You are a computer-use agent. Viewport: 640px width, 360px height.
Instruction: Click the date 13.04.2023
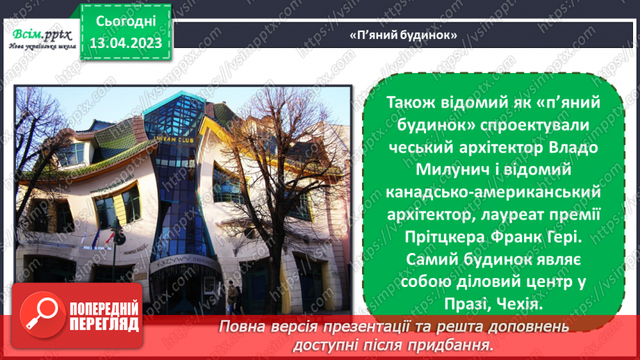click(126, 43)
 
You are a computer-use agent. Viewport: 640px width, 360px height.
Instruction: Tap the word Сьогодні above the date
click(126, 22)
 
